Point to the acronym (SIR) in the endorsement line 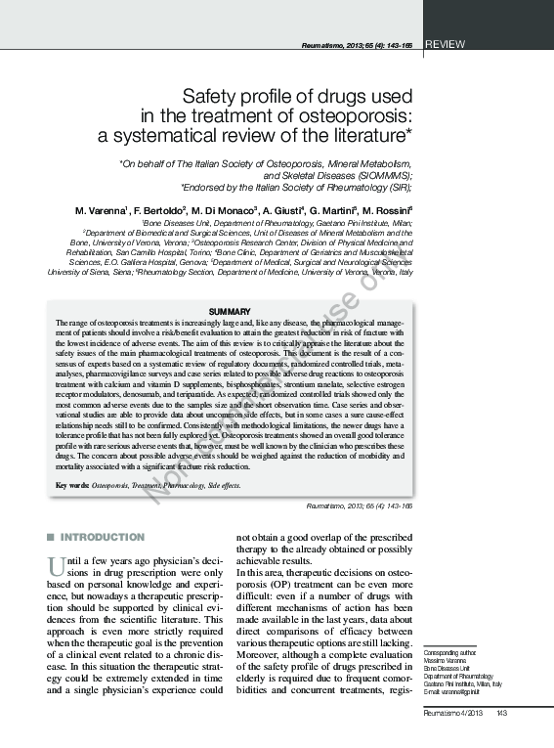[x=397, y=188]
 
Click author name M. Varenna [x=102, y=210]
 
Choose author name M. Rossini [x=388, y=210]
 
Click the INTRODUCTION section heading [x=103, y=537]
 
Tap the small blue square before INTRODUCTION [x=51, y=537]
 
